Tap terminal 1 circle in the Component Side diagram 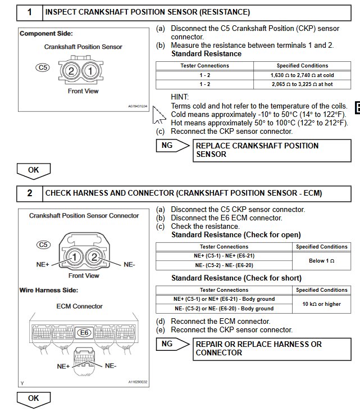91,71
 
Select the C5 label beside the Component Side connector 43,67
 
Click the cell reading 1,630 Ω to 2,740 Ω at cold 302,74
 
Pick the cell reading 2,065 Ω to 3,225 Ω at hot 302,84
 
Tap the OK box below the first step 34,169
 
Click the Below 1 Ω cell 322,260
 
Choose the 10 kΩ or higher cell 322,304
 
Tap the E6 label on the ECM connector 84,332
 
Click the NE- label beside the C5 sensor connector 129,263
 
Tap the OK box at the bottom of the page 34,399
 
